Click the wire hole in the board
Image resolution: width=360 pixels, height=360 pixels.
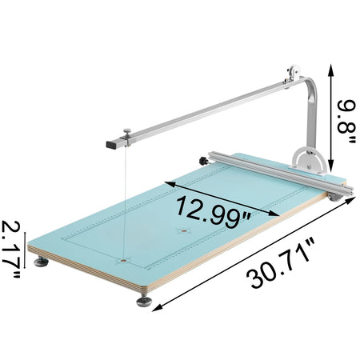pos(124,259)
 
